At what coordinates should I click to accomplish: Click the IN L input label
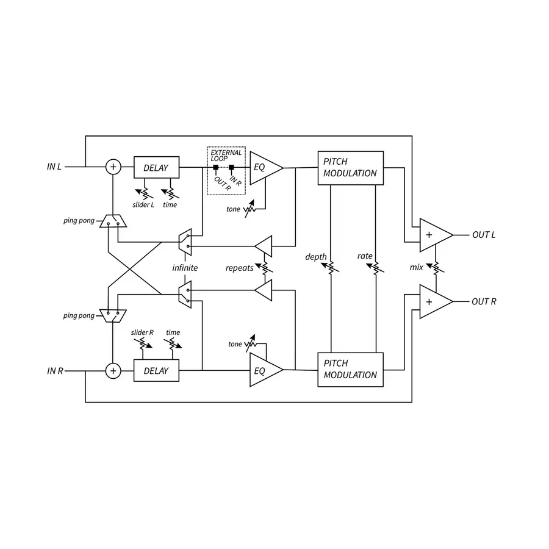pyautogui.click(x=54, y=167)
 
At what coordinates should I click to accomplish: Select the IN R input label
pyautogui.click(x=55, y=370)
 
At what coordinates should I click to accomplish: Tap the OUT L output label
pyautogui.click(x=484, y=235)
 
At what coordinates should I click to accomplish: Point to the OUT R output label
pyautogui.click(x=484, y=301)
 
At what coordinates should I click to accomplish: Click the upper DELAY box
pyautogui.click(x=156, y=167)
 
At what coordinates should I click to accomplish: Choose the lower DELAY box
pyautogui.click(x=156, y=370)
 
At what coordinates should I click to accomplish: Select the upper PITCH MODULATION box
pyautogui.click(x=350, y=167)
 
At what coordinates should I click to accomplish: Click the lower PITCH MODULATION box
pyautogui.click(x=350, y=370)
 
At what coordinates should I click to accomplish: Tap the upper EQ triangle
pyautogui.click(x=263, y=167)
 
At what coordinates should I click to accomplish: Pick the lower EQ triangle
pyautogui.click(x=263, y=370)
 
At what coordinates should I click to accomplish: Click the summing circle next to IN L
pyautogui.click(x=113, y=167)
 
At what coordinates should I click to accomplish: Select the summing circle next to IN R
pyautogui.click(x=113, y=370)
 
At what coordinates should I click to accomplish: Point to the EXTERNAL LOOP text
pyautogui.click(x=226, y=156)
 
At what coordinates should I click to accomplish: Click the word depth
pyautogui.click(x=316, y=257)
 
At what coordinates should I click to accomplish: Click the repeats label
pyautogui.click(x=239, y=268)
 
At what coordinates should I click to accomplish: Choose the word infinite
pyautogui.click(x=185, y=268)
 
